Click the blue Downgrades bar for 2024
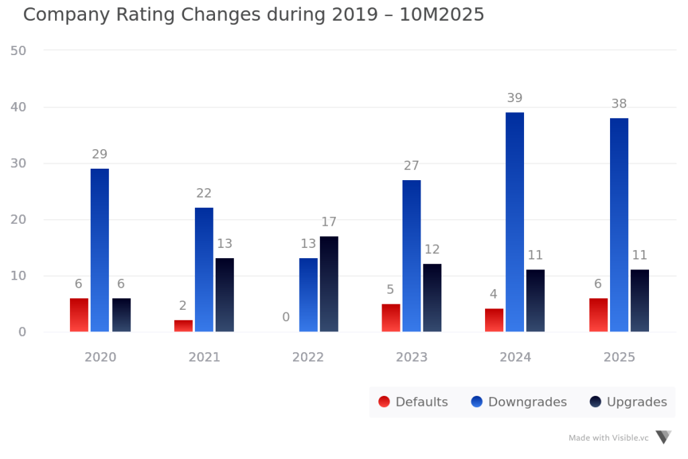pos(515,222)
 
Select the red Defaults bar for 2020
pos(79,315)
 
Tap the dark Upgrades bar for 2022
pos(329,284)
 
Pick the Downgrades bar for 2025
pos(619,224)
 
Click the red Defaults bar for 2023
pos(390,317)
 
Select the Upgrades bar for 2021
pos(224,294)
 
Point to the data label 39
pos(515,98)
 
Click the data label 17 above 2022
pos(329,222)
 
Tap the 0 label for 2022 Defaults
pos(286,317)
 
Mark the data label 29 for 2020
pos(99,155)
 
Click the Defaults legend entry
pos(413,402)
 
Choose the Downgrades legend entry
pos(519,402)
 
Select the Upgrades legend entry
pos(628,402)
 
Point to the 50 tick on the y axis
pos(19,50)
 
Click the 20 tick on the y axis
pos(19,220)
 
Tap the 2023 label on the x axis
pos(411,358)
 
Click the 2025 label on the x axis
pos(619,358)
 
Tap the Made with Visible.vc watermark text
pos(609,437)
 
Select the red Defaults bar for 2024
pos(494,320)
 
